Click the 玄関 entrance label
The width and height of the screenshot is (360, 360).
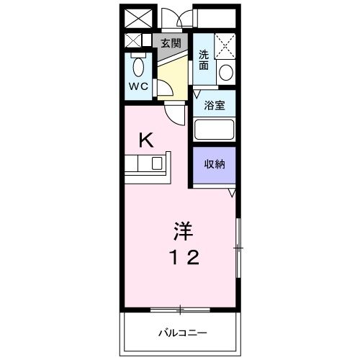[x=170, y=42]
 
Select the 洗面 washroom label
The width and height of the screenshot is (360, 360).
[x=204, y=60]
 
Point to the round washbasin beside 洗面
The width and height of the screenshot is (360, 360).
[x=225, y=71]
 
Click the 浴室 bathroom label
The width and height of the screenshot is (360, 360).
[x=215, y=105]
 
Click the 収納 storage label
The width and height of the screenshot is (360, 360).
[x=215, y=164]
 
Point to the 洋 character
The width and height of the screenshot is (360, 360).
[x=181, y=232]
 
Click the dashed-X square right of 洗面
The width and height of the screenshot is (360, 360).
[x=226, y=46]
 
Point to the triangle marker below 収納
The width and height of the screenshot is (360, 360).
[x=233, y=194]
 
